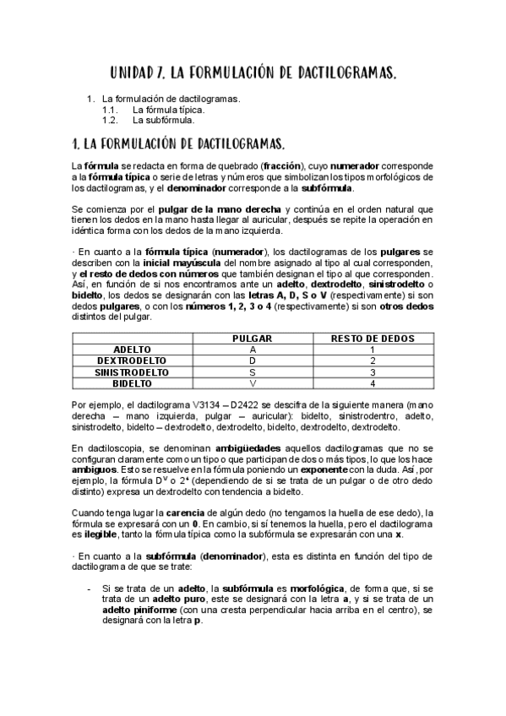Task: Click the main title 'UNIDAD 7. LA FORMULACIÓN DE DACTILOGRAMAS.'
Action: point(253,74)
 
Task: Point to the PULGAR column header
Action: point(253,338)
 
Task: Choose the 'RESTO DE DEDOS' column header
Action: point(372,338)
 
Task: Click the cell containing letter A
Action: point(253,349)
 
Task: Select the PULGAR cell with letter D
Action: point(253,361)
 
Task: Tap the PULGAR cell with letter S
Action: point(253,372)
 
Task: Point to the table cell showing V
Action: point(253,383)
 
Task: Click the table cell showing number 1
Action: point(372,349)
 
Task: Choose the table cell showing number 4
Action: point(372,383)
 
